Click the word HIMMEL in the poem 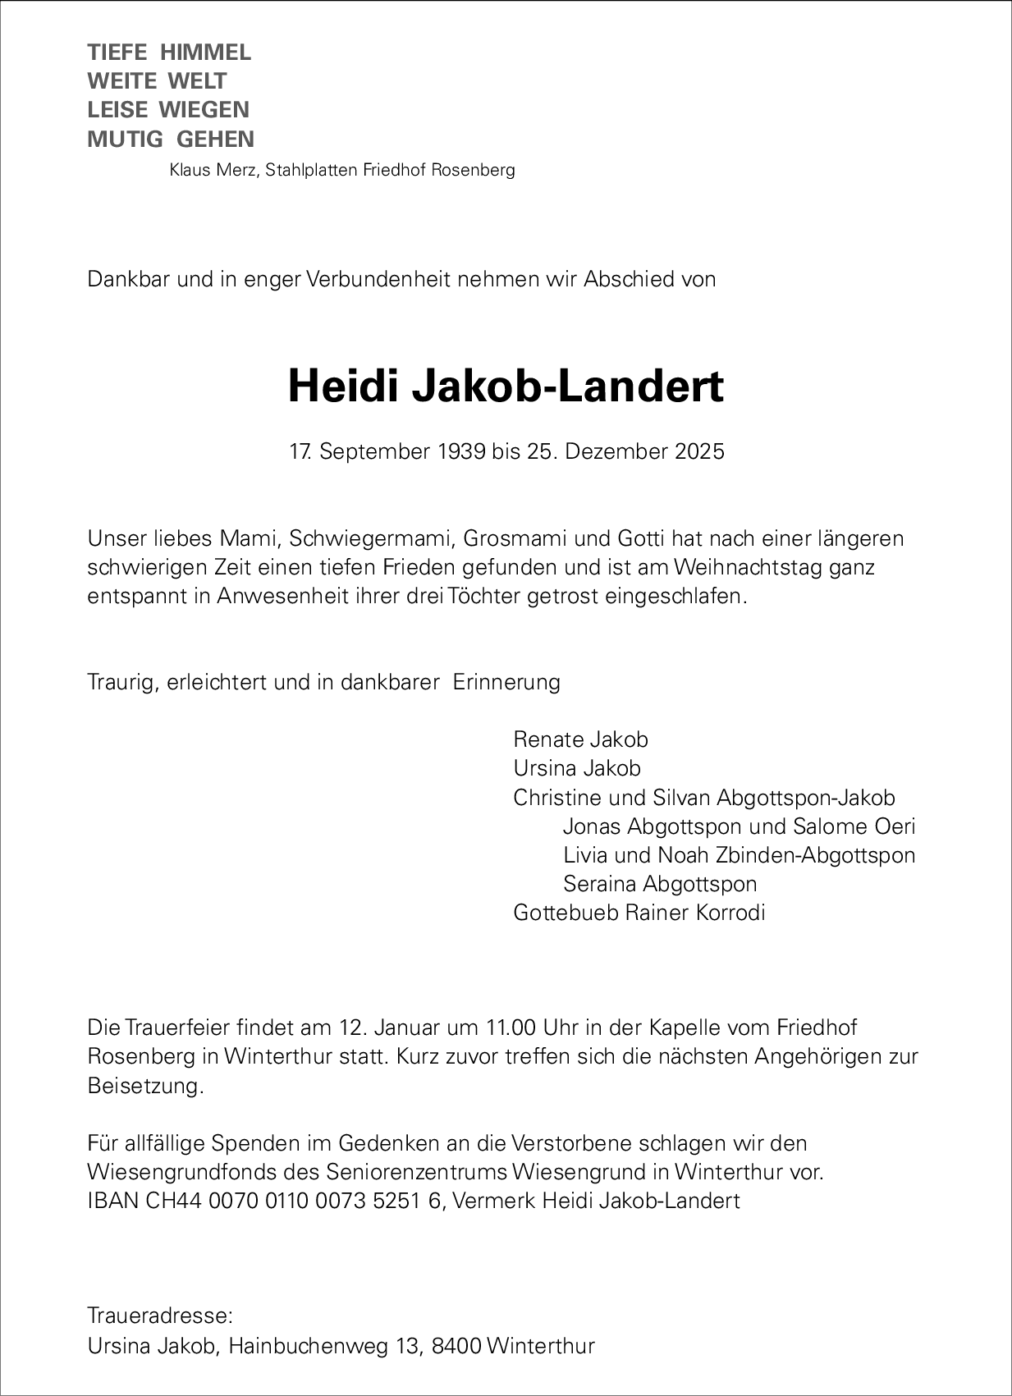pyautogui.click(x=205, y=53)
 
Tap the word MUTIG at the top pyautogui.click(x=126, y=139)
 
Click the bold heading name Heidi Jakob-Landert pyautogui.click(x=506, y=387)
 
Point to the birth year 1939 pyautogui.click(x=460, y=451)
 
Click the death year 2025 pyautogui.click(x=700, y=451)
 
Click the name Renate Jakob pyautogui.click(x=580, y=739)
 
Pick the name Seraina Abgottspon pyautogui.click(x=660, y=884)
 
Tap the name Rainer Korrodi pyautogui.click(x=695, y=913)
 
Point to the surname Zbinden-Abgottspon pyautogui.click(x=815, y=855)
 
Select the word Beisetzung pyautogui.click(x=144, y=1086)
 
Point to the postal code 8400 pyautogui.click(x=454, y=1346)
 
